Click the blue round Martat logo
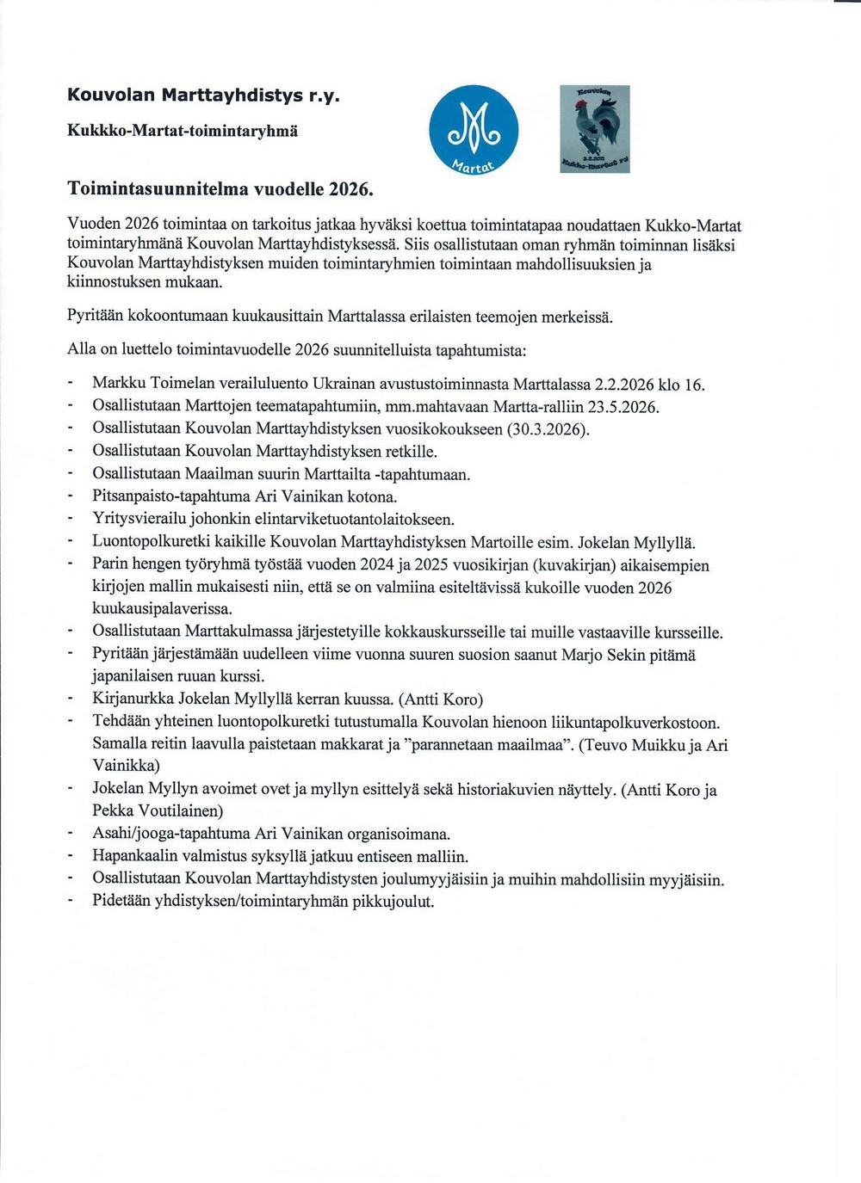coord(474,129)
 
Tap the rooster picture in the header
coord(595,129)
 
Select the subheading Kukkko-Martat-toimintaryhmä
coord(183,132)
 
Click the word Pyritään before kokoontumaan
coord(95,317)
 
